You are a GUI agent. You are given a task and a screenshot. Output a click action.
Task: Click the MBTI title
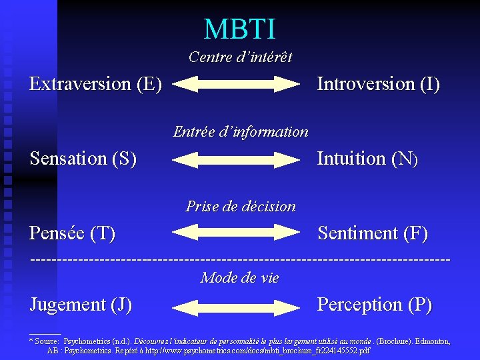[x=239, y=29]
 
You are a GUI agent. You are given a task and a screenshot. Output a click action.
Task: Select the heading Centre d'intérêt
[x=240, y=57]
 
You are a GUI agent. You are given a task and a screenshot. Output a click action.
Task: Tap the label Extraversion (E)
[x=95, y=84]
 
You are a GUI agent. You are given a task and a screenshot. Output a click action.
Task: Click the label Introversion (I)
[x=378, y=84]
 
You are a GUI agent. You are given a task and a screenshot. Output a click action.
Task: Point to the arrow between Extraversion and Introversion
[x=239, y=84]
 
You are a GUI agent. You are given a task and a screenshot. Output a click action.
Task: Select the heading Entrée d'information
[x=241, y=131]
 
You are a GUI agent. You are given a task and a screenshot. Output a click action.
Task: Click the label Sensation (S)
[x=83, y=159]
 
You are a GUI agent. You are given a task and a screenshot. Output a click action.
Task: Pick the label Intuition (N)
[x=367, y=159]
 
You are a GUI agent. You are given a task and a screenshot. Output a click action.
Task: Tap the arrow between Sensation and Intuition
[x=239, y=159]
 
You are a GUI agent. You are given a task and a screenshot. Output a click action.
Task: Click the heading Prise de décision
[x=241, y=206]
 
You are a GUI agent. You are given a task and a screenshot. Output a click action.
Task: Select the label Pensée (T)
[x=73, y=233]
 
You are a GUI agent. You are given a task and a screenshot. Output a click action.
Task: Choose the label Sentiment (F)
[x=373, y=233]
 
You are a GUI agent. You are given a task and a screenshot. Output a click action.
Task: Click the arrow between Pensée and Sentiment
[x=239, y=232]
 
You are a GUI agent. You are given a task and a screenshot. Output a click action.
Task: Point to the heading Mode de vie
[x=239, y=277]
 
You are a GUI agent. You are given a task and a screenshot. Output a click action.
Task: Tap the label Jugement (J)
[x=81, y=305]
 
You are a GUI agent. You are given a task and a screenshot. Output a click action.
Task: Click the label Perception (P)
[x=375, y=305]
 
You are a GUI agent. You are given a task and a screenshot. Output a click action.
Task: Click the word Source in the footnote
[x=47, y=341]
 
